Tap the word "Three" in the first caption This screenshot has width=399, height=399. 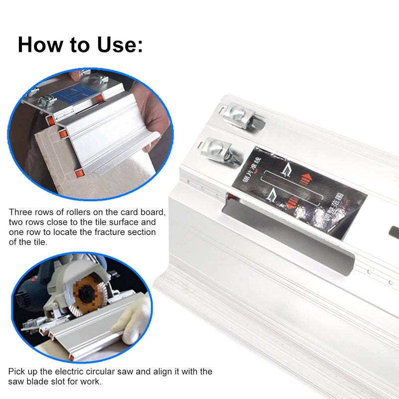click(20, 212)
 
